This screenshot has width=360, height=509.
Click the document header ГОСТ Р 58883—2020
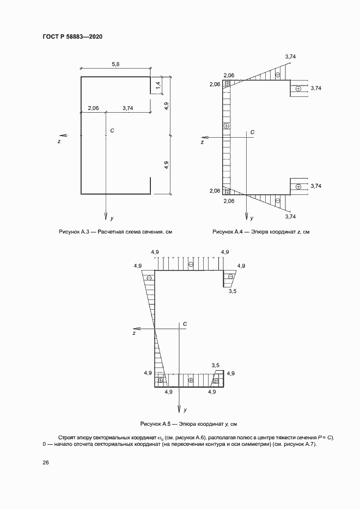72,37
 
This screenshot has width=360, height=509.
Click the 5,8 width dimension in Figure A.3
115,64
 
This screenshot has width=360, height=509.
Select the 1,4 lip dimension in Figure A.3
158,85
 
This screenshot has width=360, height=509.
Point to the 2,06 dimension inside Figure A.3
93,108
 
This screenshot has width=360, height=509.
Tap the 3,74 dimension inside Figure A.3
128,108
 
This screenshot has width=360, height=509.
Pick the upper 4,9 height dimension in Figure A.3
167,106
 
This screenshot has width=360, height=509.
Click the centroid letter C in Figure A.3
112,131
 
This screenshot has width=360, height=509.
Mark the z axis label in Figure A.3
59,141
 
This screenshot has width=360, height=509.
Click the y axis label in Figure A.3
112,218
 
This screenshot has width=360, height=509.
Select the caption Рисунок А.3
115,232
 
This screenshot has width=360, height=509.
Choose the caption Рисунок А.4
261,232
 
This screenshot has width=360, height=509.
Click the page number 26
46,462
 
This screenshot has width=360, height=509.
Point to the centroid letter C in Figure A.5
185,324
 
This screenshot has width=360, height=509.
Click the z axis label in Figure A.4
202,142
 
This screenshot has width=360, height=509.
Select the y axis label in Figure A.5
186,409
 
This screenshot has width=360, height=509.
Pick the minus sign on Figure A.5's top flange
190,264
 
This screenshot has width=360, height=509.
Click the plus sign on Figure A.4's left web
227,126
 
